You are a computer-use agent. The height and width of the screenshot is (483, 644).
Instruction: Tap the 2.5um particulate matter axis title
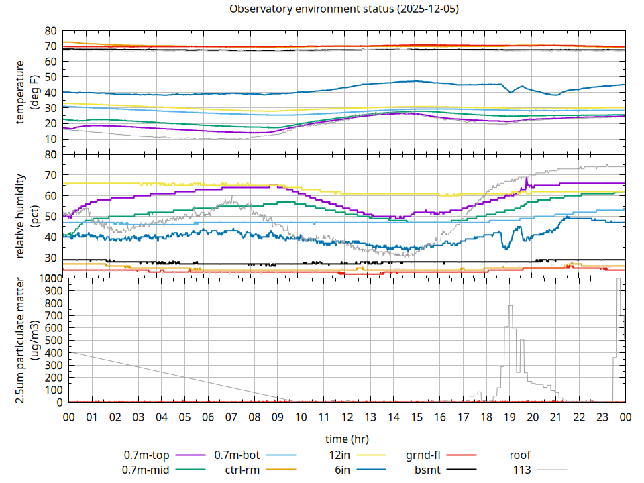[26, 340]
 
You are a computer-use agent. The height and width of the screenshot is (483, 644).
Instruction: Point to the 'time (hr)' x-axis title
[347, 439]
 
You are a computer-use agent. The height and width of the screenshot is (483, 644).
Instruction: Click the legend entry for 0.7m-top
[147, 455]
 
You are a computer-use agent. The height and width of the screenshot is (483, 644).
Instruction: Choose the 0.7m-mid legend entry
[147, 470]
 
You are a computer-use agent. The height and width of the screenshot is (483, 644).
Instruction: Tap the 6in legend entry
[342, 470]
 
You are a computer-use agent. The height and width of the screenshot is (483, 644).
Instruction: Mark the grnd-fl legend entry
[423, 455]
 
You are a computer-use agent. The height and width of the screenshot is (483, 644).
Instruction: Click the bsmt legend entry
[427, 470]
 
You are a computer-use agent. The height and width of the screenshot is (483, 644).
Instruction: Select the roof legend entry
[520, 455]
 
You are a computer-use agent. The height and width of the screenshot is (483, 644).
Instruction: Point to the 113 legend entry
[523, 470]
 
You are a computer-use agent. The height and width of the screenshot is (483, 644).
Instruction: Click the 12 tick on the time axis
[347, 417]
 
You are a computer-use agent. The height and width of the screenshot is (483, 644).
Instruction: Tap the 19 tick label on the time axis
[509, 417]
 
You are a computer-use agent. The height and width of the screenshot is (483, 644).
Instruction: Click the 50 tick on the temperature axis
[50, 77]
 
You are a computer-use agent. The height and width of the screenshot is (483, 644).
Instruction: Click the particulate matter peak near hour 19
[511, 307]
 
